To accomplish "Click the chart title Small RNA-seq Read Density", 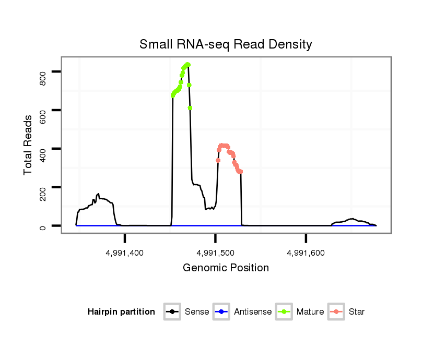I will coord(226,44).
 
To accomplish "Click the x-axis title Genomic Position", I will coord(226,268).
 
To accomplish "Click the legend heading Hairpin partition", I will coord(121,312).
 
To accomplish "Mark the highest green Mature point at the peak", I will coord(187,64).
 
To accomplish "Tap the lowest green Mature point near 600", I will coord(190,108).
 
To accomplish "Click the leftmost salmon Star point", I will coord(218,160).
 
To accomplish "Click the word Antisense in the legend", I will coord(252,312).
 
